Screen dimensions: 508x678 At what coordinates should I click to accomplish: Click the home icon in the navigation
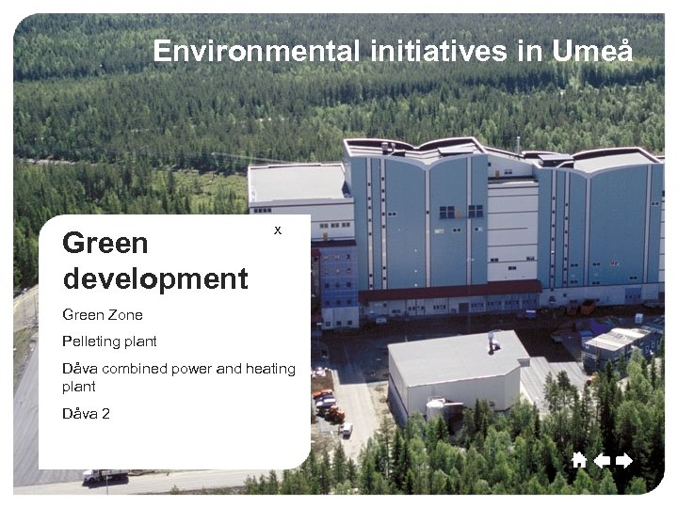click(579, 460)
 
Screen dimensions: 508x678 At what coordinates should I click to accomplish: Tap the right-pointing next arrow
click(623, 460)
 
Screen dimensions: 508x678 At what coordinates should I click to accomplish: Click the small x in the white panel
click(277, 230)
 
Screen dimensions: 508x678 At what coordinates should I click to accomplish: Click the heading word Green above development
click(105, 243)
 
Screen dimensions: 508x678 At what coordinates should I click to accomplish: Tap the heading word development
click(155, 278)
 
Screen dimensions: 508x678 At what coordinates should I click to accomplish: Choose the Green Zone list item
click(102, 314)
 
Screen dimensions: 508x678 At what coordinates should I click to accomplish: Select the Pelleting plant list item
click(109, 341)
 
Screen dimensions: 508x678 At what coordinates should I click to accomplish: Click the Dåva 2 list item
click(86, 412)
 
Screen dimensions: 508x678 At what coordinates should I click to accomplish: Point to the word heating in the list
click(271, 369)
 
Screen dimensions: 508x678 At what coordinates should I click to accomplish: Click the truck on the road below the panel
click(104, 476)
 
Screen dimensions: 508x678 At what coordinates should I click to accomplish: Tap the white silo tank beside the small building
click(436, 407)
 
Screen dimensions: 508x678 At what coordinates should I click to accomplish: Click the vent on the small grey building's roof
click(491, 342)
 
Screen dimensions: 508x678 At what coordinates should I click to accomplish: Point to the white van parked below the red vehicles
click(347, 429)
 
